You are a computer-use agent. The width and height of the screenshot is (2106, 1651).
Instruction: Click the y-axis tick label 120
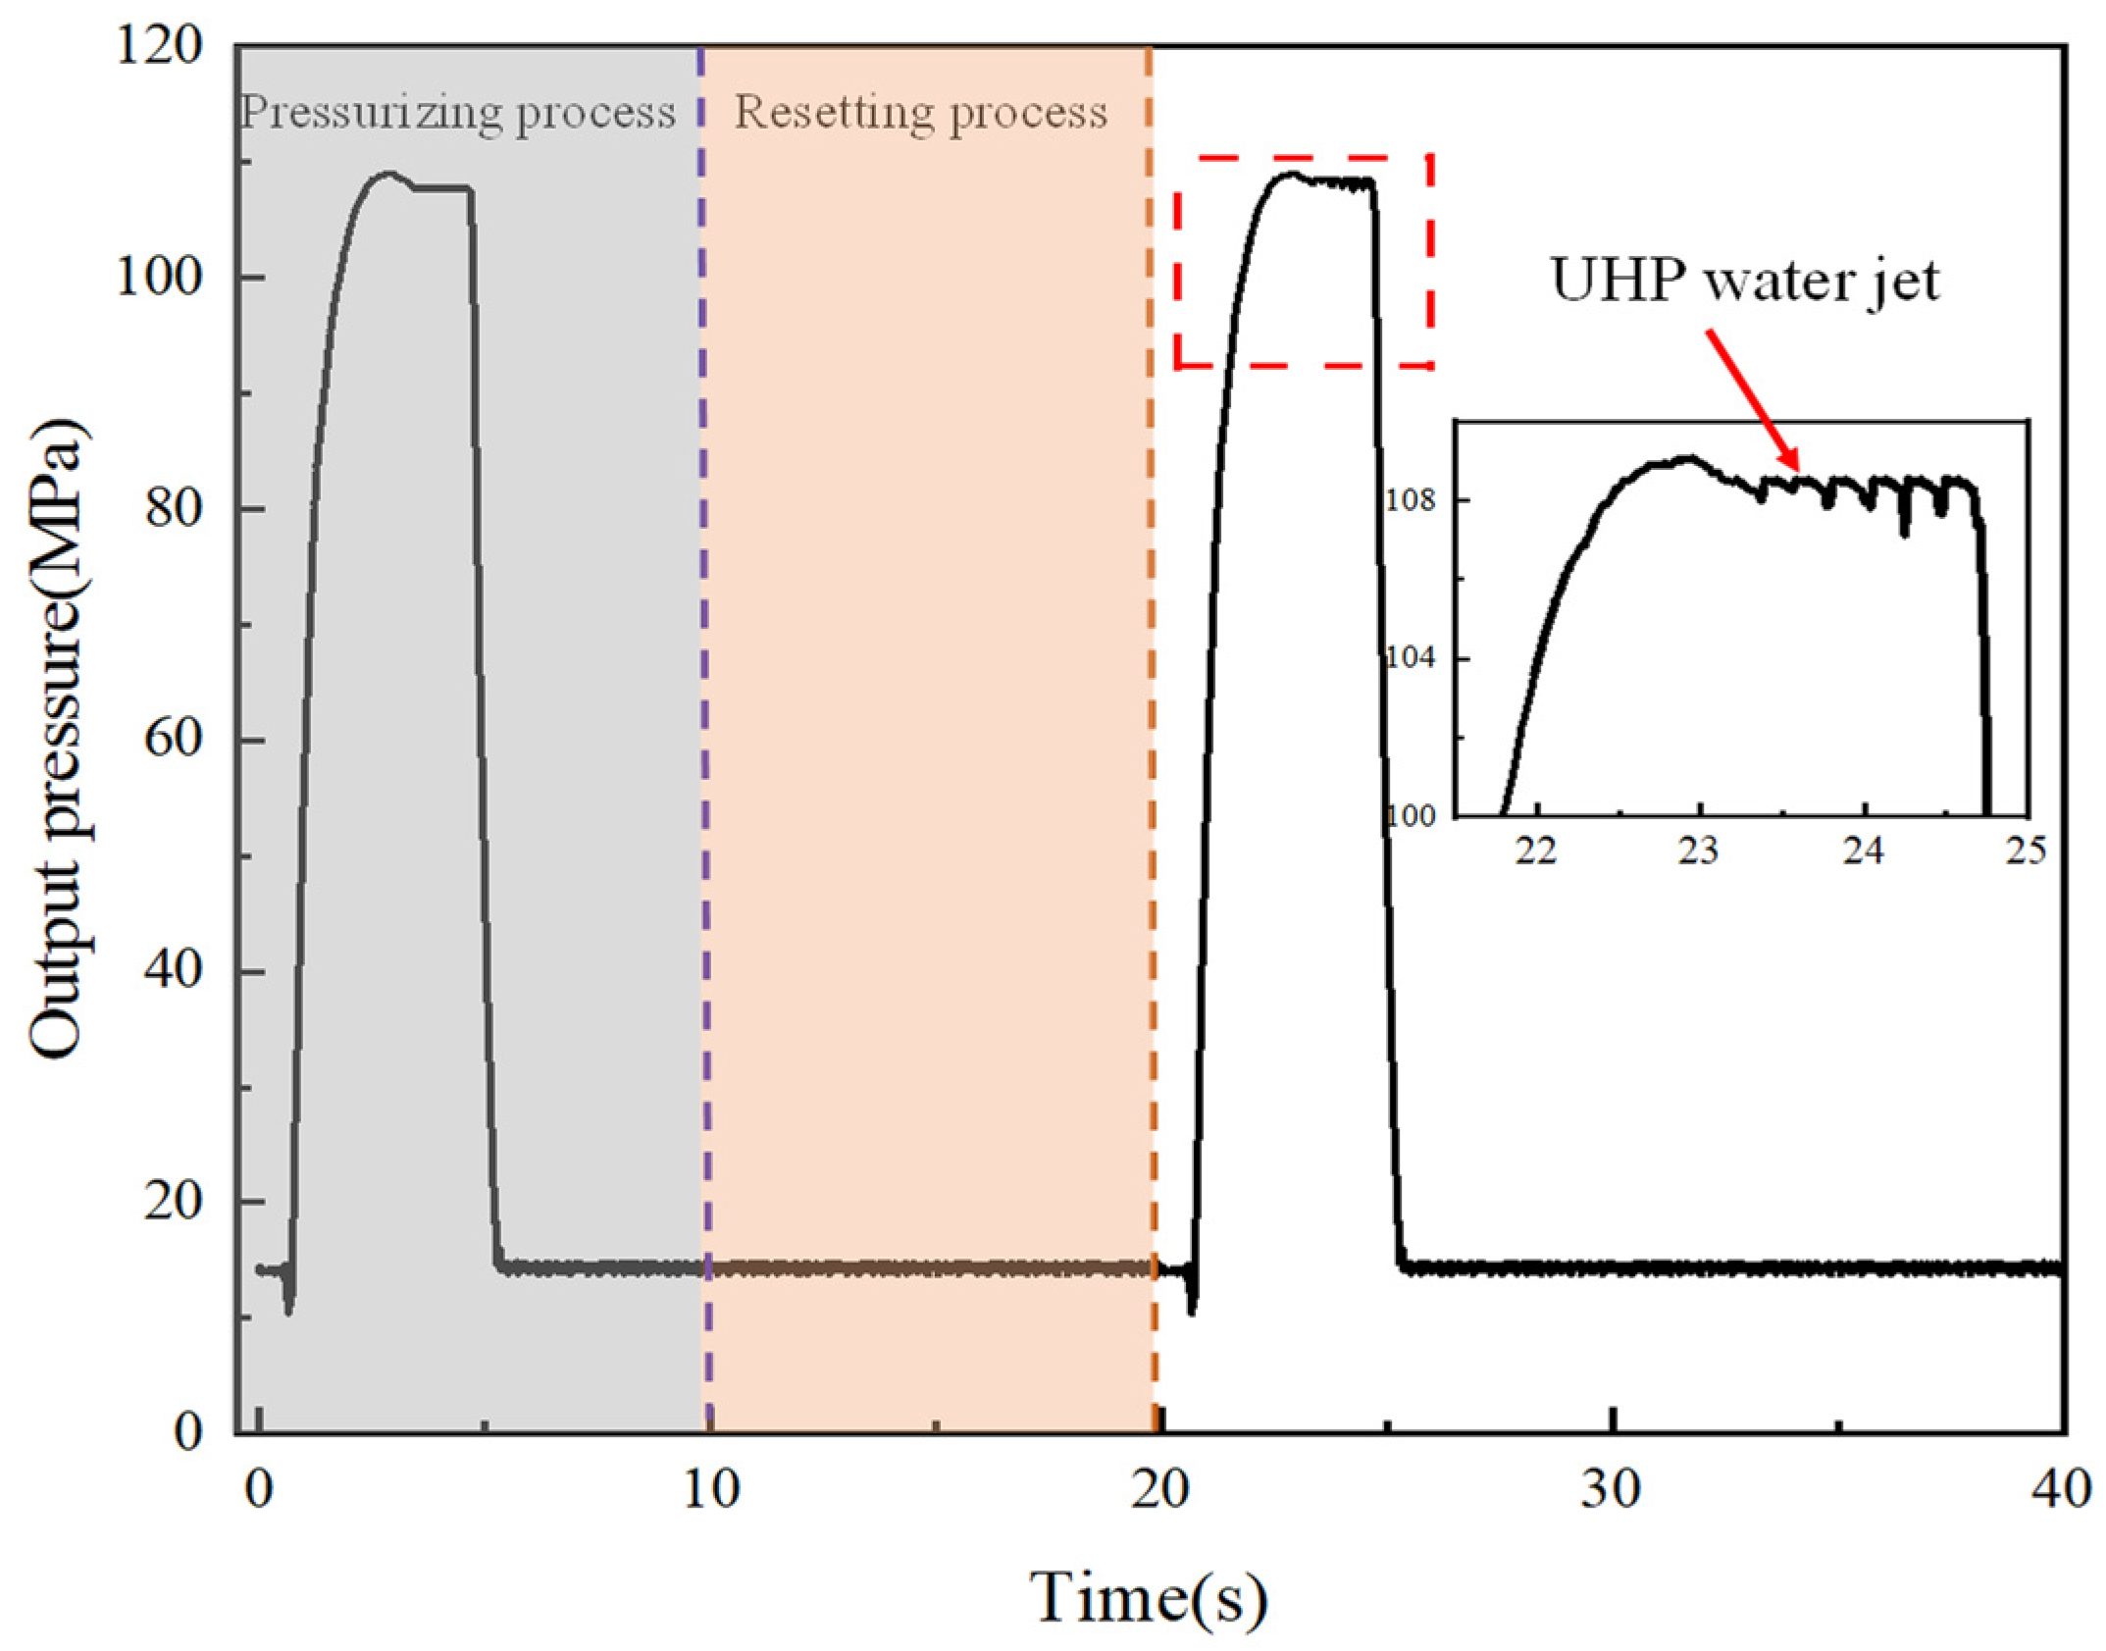159,45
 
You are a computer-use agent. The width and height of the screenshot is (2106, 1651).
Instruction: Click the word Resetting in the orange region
831,112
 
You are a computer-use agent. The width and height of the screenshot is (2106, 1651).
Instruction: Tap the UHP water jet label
1744,282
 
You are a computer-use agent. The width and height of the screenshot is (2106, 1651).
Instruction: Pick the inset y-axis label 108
1411,500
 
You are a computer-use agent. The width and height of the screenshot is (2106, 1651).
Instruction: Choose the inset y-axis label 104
1411,657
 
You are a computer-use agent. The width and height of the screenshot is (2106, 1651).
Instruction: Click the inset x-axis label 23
1698,851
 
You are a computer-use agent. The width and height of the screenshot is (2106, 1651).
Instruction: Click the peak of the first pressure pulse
388,175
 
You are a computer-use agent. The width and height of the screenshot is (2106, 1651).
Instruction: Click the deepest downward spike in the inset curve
1905,532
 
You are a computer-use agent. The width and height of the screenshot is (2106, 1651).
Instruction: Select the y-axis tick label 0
187,1433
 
